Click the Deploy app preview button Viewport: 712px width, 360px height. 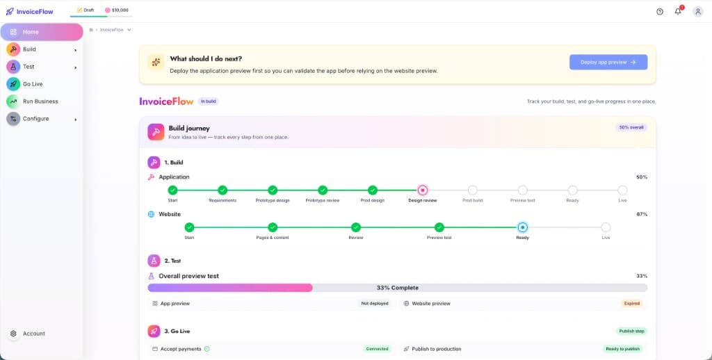[608, 62]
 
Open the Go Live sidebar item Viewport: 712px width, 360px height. [33, 84]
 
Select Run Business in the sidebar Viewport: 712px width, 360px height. [40, 101]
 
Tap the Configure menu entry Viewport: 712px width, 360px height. [36, 118]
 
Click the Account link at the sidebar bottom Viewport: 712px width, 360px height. [33, 334]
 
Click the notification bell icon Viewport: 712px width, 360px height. [678, 11]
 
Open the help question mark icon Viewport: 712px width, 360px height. [660, 12]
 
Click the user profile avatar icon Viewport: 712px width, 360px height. [698, 12]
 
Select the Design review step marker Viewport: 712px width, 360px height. [423, 190]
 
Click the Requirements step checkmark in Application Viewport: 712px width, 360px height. [222, 190]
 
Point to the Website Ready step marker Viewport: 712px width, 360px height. [523, 227]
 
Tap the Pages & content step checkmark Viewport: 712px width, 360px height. [273, 227]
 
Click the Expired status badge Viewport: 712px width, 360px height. [631, 303]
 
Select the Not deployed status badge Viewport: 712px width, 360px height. [375, 303]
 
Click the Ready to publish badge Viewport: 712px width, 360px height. [622, 349]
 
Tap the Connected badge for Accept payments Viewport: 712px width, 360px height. [378, 349]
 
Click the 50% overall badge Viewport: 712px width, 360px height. [631, 128]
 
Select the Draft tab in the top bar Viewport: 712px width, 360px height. [86, 10]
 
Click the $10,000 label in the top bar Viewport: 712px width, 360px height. [117, 10]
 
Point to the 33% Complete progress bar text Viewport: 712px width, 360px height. [397, 288]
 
